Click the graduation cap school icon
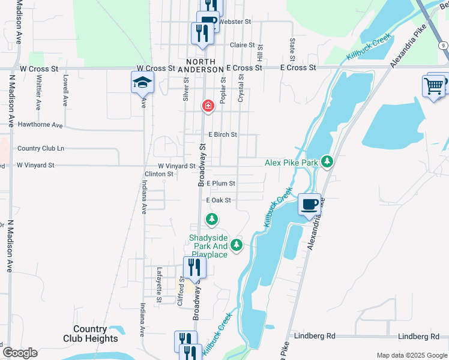[x=143, y=82]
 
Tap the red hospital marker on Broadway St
[x=208, y=106]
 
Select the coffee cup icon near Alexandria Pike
[x=310, y=205]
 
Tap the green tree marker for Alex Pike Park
[x=327, y=161]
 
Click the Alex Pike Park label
[x=291, y=163]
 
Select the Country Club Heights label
[x=90, y=334]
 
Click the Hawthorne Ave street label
[x=40, y=125]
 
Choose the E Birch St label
[x=222, y=135]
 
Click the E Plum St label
[x=221, y=183]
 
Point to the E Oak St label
[x=218, y=200]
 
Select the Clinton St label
[x=158, y=174]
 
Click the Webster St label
[x=235, y=22]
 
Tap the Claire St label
[x=243, y=45]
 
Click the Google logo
[x=19, y=352]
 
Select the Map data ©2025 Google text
[x=412, y=355]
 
